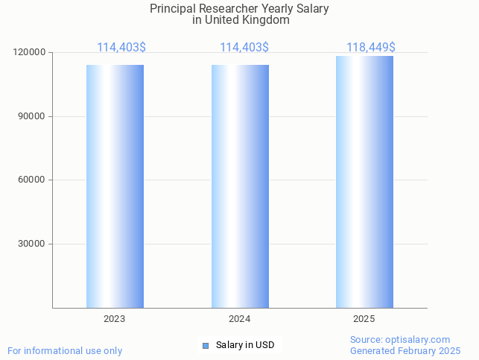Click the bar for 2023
coord(115,186)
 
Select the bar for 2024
coord(240,186)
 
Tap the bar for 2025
coord(364,183)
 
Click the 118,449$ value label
coord(370,48)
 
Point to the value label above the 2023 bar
coord(121,48)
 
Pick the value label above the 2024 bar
coord(244,48)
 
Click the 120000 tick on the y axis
coord(30,53)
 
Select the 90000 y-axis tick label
coord(32,116)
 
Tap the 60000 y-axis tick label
coord(32,180)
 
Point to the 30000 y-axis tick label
coord(32,244)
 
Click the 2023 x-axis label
coord(115,319)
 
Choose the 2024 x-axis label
coord(240,319)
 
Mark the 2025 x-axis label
coord(364,319)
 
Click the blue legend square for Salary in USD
coord(206,345)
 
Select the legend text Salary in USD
coord(245,345)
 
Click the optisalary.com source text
coord(400,340)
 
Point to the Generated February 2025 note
coord(405,350)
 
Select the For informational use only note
coord(65,350)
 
